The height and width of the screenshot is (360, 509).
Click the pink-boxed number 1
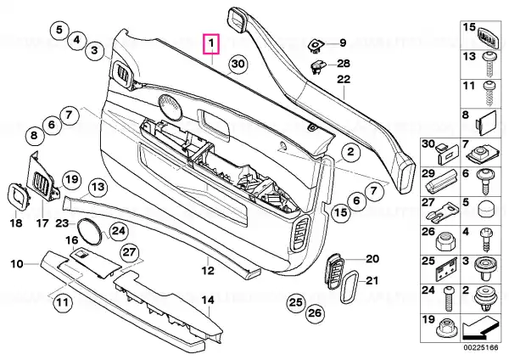click(x=211, y=44)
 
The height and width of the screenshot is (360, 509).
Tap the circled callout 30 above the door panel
click(x=238, y=64)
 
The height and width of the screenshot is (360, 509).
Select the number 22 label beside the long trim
click(x=344, y=79)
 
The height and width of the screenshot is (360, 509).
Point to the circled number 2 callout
click(x=350, y=152)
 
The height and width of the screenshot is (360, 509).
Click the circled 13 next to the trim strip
click(x=98, y=187)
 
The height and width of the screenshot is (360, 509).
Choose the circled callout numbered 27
click(x=130, y=252)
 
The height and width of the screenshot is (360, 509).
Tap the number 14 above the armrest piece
click(x=208, y=301)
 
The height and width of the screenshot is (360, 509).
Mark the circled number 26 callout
click(x=314, y=313)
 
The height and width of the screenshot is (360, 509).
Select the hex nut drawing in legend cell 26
click(x=445, y=241)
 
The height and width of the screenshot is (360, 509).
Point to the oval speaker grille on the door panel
click(x=171, y=106)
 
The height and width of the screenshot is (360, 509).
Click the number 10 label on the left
click(x=17, y=264)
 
